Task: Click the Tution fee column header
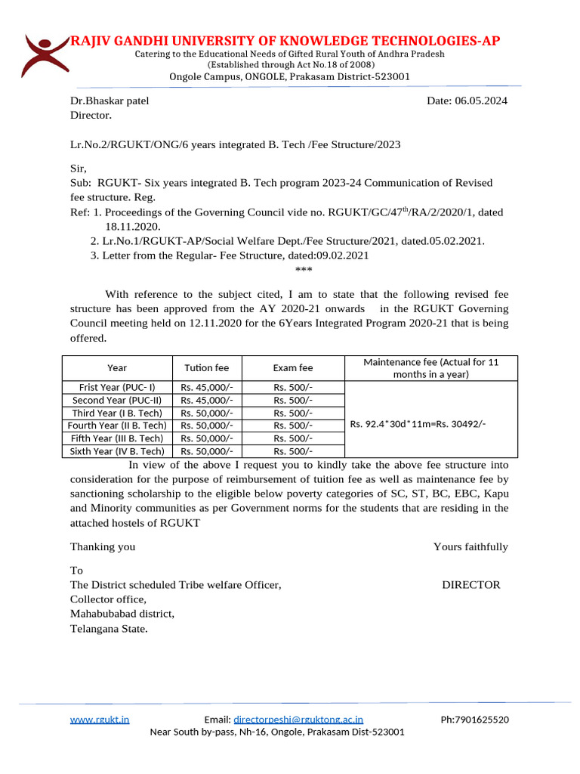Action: click(x=207, y=368)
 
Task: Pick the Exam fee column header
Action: click(x=293, y=368)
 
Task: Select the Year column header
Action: click(x=117, y=368)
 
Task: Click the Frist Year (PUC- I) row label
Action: click(x=117, y=387)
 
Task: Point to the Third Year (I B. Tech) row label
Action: click(x=117, y=413)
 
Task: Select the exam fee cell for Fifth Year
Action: click(x=293, y=438)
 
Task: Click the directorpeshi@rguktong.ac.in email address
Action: click(x=298, y=720)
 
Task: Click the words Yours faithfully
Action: click(x=470, y=546)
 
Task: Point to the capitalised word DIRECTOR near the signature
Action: click(x=470, y=584)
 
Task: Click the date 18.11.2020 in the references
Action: click(x=132, y=226)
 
